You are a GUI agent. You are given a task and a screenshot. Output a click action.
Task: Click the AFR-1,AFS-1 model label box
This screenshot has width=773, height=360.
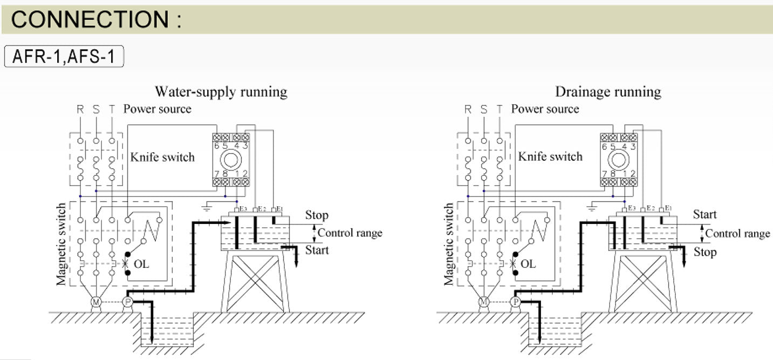(x=64, y=57)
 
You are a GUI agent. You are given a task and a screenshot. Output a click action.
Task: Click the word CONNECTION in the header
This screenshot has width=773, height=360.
(x=90, y=20)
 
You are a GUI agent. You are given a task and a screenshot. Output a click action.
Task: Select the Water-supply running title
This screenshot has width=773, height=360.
(x=221, y=92)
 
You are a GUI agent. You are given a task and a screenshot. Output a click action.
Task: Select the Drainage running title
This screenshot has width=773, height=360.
(x=608, y=92)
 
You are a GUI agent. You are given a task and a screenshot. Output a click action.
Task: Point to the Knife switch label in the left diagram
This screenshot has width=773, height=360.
(x=162, y=157)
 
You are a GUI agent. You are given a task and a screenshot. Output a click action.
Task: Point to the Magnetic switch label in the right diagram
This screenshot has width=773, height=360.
(x=449, y=243)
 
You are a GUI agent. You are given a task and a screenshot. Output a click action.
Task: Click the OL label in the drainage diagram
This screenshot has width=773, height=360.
(x=529, y=264)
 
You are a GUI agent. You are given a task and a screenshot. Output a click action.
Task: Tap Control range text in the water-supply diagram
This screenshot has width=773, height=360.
(x=350, y=233)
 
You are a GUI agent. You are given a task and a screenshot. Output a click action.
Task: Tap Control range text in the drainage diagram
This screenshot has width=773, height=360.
(x=737, y=234)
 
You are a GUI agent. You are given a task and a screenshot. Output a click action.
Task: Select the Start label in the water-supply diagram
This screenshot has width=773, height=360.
(x=317, y=250)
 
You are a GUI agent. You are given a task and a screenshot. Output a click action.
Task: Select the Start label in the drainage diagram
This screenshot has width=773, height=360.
(x=704, y=215)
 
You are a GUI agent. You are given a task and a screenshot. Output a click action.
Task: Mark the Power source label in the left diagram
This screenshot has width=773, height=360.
(x=157, y=109)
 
